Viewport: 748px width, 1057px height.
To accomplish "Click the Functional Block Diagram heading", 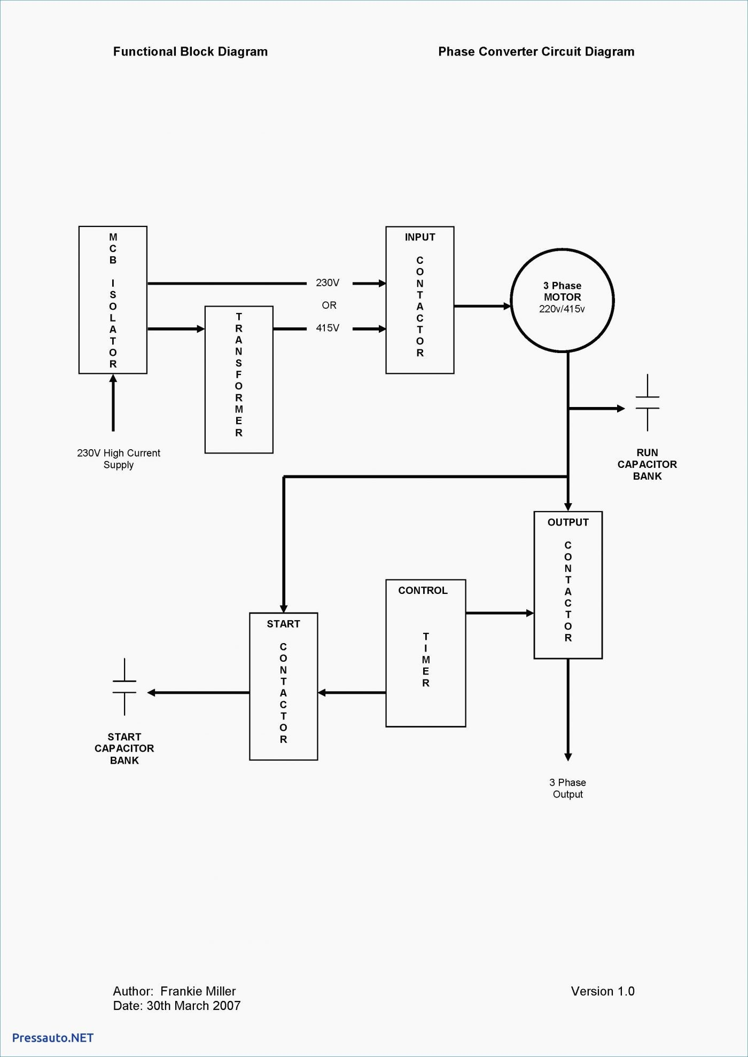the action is (x=190, y=52).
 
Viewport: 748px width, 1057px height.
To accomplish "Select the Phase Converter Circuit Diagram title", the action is (x=536, y=52).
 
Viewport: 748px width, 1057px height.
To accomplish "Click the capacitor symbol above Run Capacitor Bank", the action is (x=648, y=403).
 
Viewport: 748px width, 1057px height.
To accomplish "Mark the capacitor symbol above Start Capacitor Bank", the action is (x=124, y=687).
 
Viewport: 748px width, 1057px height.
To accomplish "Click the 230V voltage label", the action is (x=328, y=283).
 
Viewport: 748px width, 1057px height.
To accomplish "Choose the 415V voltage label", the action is (x=328, y=328).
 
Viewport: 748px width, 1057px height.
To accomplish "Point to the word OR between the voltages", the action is (x=329, y=306).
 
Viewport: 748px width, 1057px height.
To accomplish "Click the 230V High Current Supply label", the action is (x=119, y=459).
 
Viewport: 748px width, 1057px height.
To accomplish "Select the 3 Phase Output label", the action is (x=568, y=788).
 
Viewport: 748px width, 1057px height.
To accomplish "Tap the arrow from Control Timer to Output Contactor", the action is (x=500, y=613).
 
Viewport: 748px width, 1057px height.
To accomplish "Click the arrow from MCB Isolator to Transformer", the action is (x=176, y=329).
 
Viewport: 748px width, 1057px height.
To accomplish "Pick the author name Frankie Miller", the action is (x=198, y=991).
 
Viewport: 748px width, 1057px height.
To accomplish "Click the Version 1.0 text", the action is (x=603, y=991).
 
